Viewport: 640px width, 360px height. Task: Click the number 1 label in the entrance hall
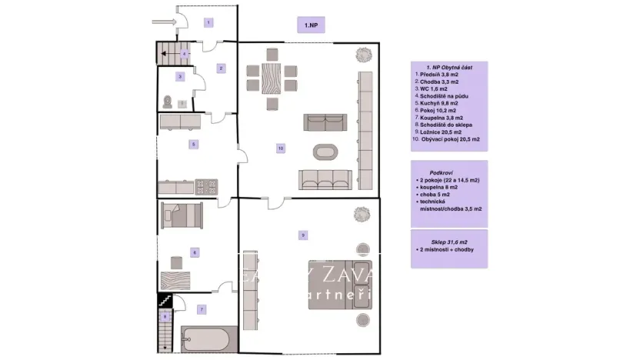click(208, 23)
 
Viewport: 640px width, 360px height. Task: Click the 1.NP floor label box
click(312, 25)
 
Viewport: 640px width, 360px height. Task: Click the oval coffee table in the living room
click(323, 151)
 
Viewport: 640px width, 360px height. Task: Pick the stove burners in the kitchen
click(207, 185)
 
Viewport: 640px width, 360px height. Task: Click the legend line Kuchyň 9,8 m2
click(437, 102)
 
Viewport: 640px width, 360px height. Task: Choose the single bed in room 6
click(182, 213)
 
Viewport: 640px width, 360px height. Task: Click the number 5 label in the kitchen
click(195, 144)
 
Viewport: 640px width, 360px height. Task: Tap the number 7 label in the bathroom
click(202, 309)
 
